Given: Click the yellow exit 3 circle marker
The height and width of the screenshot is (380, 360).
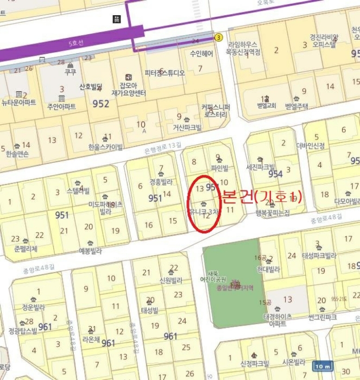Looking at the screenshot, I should pos(219,37).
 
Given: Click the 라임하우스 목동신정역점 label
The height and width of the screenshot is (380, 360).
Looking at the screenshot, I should pos(244,48).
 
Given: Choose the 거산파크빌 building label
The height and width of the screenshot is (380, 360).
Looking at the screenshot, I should pos(187,128).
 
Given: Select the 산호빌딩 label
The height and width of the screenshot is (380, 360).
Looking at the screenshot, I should pos(91,87).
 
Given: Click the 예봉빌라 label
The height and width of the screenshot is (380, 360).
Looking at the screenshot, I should pos(90,251).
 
